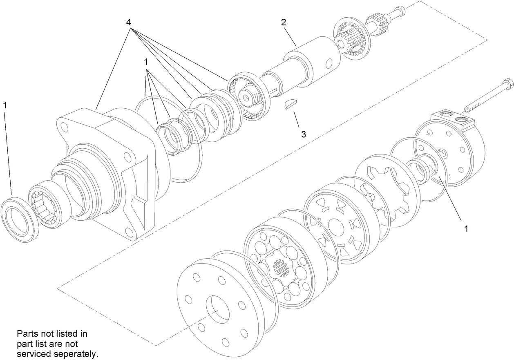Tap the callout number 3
[x=303, y=134]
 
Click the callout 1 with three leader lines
[x=145, y=62]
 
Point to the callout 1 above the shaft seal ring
[x=5, y=105]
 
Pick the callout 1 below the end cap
[x=466, y=228]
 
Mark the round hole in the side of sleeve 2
[x=329, y=63]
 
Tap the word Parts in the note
[x=27, y=333]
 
